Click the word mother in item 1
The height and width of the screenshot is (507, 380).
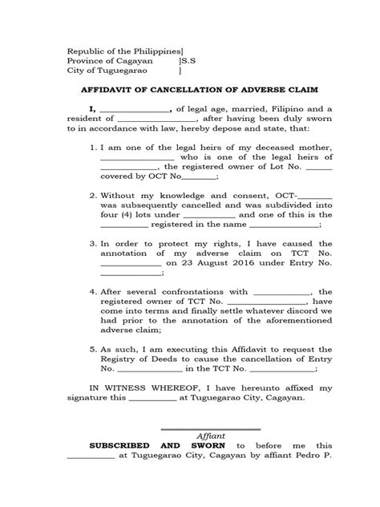[310, 148]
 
